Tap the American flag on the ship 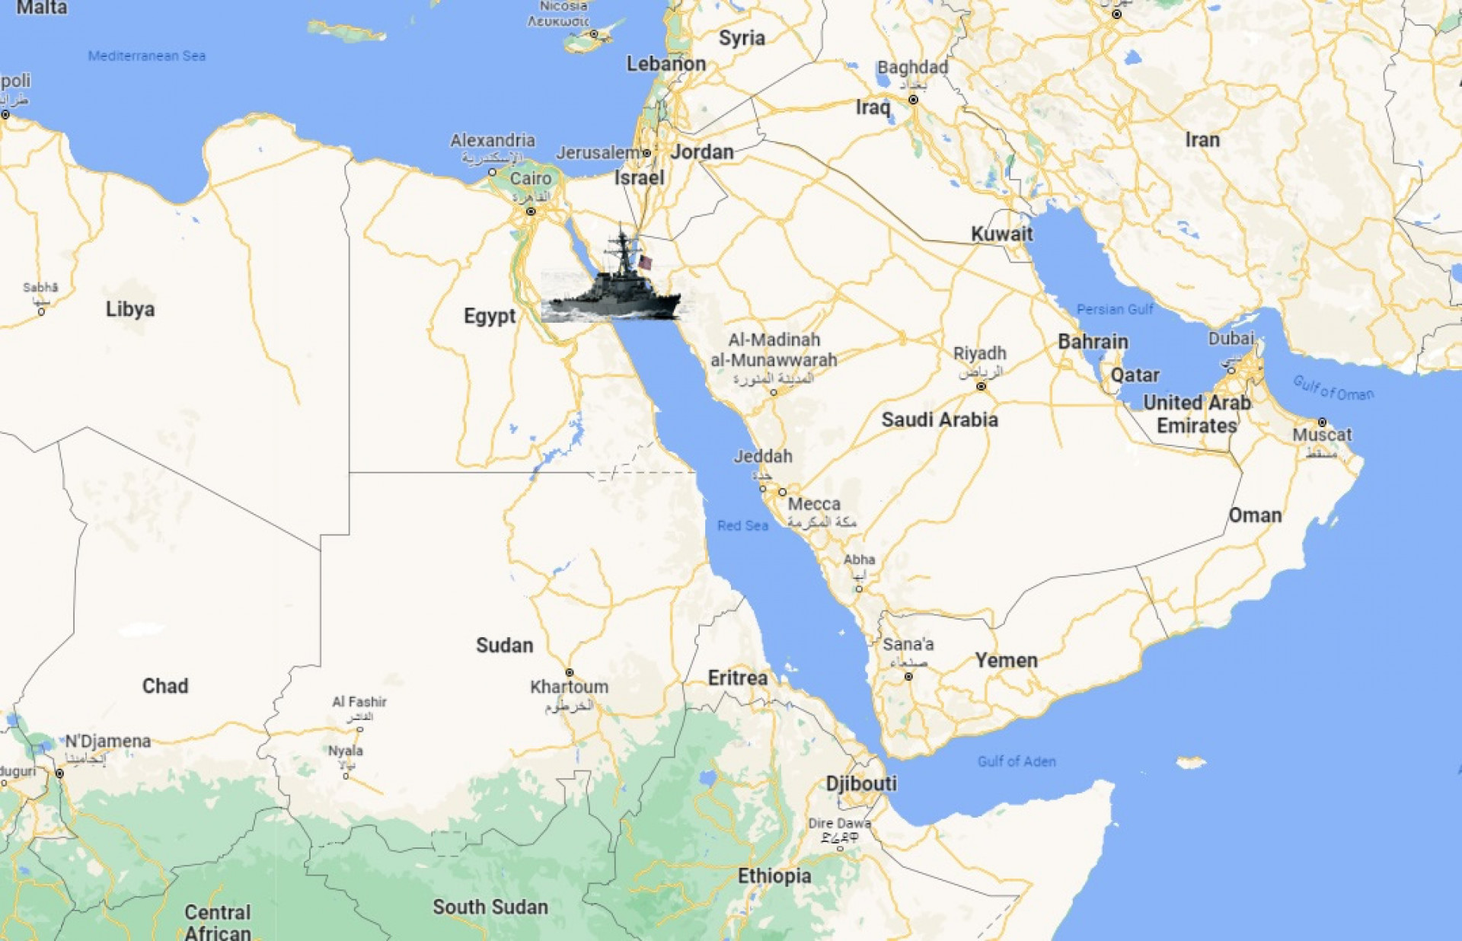[645, 263]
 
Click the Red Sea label [742, 525]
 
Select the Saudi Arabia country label [939, 419]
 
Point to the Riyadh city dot [981, 387]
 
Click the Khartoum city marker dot [569, 673]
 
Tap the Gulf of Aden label [1016, 761]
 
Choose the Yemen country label [1006, 660]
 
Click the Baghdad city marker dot [913, 100]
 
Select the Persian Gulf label [1115, 309]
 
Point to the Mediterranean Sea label [147, 56]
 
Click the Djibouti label [861, 783]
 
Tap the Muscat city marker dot [1322, 422]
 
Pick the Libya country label [130, 309]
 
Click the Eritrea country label [737, 678]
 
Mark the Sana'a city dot [908, 676]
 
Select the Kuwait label [1001, 234]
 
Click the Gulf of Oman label [1333, 388]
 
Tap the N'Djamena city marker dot [59, 774]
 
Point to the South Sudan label [490, 907]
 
